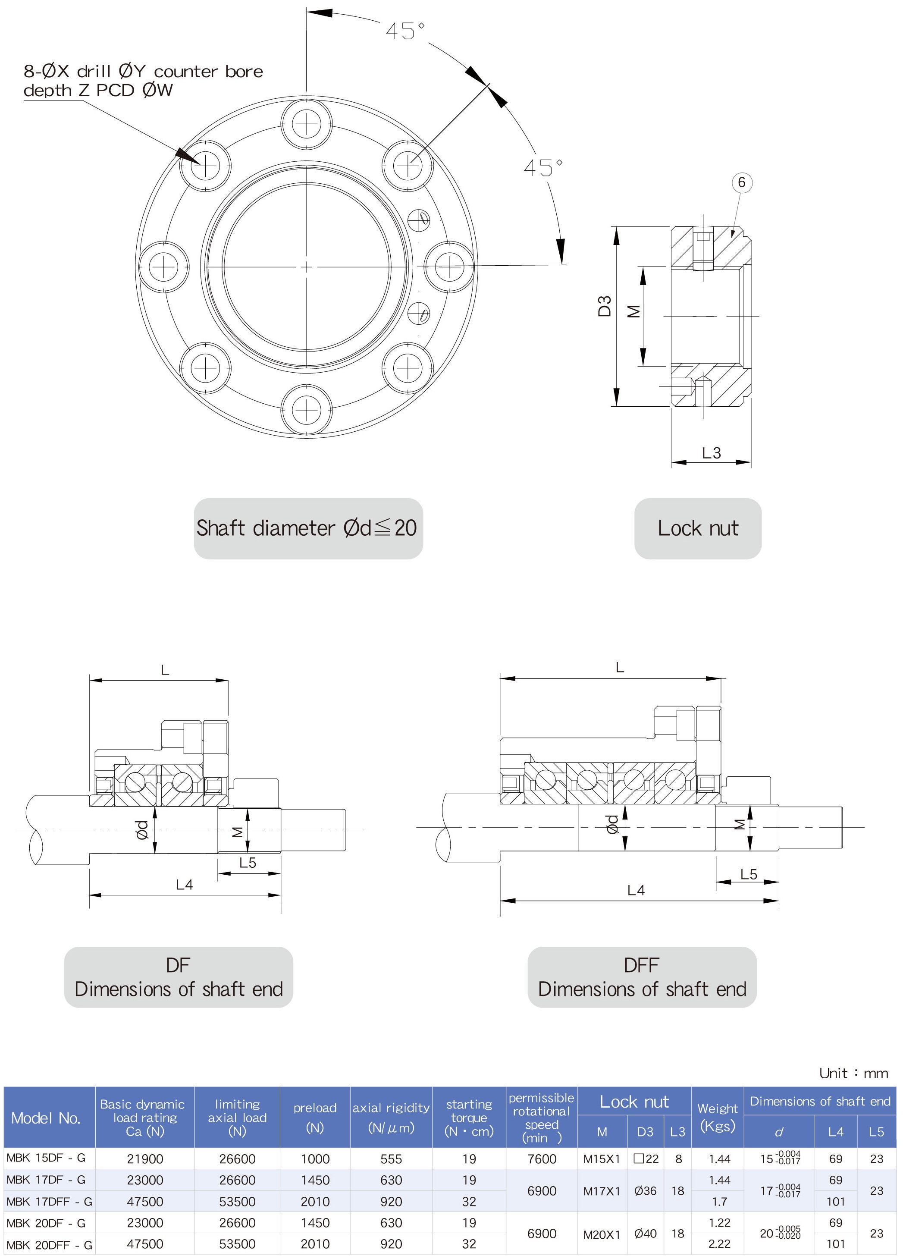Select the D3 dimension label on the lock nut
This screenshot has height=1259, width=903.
point(605,306)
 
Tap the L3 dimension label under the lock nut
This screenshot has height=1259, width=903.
point(711,453)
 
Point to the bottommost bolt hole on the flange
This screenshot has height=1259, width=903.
point(306,410)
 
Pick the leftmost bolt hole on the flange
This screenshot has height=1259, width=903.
point(163,267)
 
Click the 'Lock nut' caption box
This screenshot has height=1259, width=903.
point(698,528)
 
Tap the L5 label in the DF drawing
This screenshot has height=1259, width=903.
point(248,863)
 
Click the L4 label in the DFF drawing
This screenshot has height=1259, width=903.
point(636,890)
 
